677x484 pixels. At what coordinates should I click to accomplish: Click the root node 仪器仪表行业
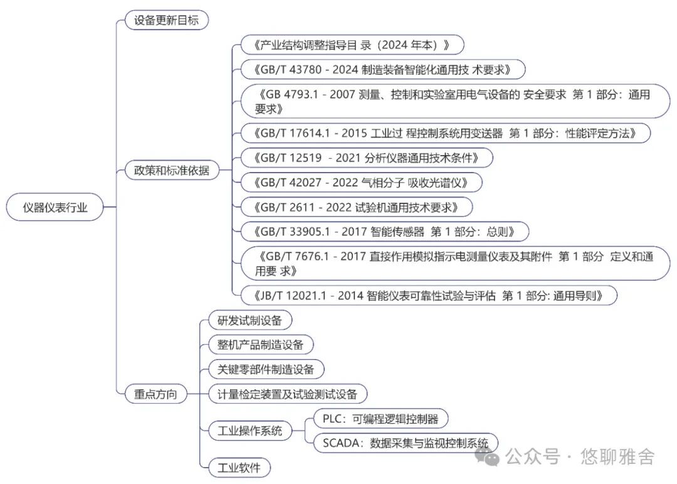coord(55,207)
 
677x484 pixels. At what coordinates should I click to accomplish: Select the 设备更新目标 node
coord(167,20)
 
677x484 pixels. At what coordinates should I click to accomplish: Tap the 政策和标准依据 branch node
coord(172,170)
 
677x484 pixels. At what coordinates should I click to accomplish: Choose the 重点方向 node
coord(156,394)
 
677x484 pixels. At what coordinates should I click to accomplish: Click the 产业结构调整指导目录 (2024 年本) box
coord(352,45)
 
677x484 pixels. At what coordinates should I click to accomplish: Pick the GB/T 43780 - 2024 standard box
coord(383,70)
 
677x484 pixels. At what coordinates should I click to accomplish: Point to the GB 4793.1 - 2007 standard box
coord(456,101)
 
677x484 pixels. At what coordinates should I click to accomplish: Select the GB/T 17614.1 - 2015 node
coord(446,133)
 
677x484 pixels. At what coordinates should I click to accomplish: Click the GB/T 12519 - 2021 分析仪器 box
coord(367,158)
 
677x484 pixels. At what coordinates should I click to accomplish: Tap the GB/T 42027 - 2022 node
coord(362,183)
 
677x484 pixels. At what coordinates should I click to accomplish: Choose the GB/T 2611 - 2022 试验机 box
coord(357,207)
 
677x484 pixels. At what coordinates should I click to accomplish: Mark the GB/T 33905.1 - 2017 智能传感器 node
coord(385,232)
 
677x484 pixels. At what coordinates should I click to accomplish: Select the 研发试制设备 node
coord(250,321)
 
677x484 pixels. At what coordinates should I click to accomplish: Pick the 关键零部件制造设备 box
coord(266,369)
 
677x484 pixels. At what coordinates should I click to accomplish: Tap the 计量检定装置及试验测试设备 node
coord(288,394)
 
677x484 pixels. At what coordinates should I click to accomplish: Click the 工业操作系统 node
coord(250,431)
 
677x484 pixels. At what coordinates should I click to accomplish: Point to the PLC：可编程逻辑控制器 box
coord(381,419)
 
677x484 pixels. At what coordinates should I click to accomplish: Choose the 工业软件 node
coord(239,468)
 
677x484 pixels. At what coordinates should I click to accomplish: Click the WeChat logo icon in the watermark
coord(488,457)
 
